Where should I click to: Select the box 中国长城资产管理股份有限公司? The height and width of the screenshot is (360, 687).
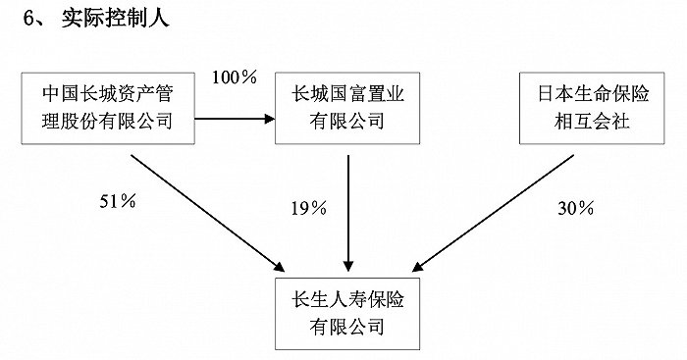pyautogui.click(x=107, y=107)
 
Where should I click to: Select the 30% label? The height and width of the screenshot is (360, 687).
pyautogui.click(x=574, y=207)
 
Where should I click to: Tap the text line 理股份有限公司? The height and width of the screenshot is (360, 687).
pyautogui.click(x=107, y=122)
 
